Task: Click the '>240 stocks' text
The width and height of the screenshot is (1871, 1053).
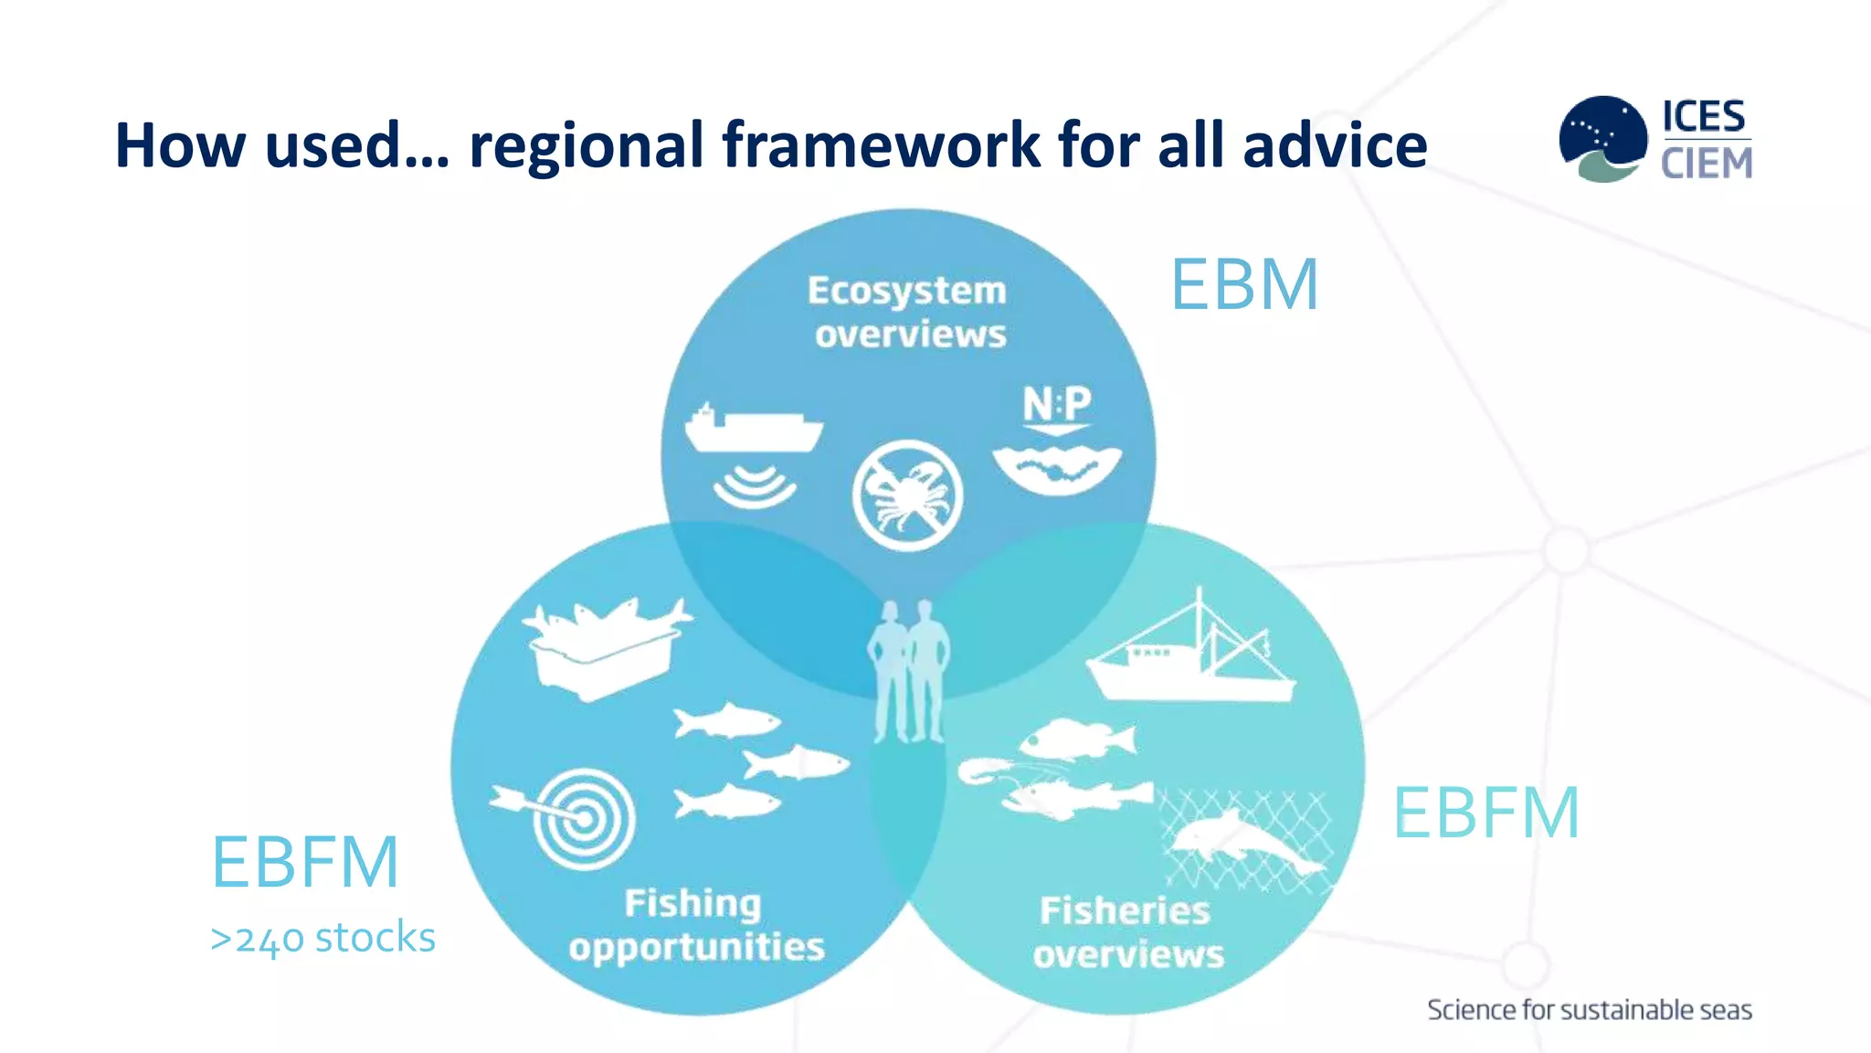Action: coord(322,938)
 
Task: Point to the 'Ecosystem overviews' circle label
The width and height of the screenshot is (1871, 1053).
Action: coord(908,312)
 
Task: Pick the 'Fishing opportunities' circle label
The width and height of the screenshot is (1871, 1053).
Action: coord(696,925)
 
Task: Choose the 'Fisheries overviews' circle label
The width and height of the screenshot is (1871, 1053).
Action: coord(1127,931)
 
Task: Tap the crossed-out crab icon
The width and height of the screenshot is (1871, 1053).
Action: coord(907,495)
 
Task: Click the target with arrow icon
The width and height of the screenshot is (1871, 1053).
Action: coord(576,817)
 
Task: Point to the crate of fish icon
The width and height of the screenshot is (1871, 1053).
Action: coord(605,647)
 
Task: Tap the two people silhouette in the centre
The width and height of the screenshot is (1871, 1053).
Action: coord(909,672)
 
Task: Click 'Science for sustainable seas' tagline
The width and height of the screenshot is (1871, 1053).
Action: coord(1589,1010)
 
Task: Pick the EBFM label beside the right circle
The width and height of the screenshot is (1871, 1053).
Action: coord(1485,813)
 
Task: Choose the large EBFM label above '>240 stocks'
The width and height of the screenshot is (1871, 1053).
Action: coord(305,862)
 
